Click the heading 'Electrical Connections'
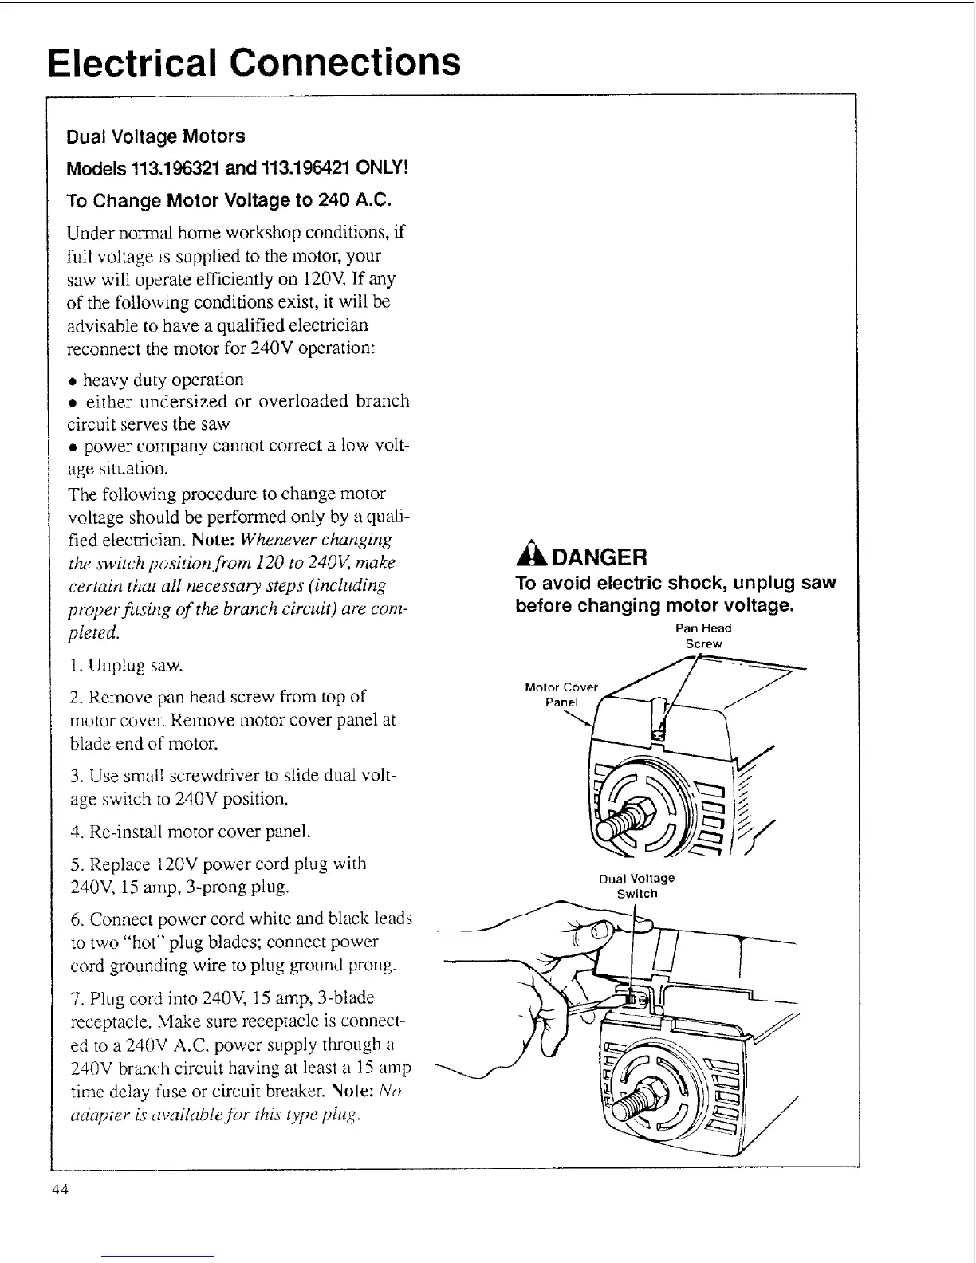click(254, 62)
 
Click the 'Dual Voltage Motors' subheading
click(155, 136)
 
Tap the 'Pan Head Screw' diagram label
click(703, 635)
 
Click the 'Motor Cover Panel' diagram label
click(561, 694)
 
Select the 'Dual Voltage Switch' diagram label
click(636, 886)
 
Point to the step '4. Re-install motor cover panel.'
click(190, 832)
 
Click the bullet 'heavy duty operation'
click(163, 380)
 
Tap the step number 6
click(75, 919)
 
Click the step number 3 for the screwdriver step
click(75, 776)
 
